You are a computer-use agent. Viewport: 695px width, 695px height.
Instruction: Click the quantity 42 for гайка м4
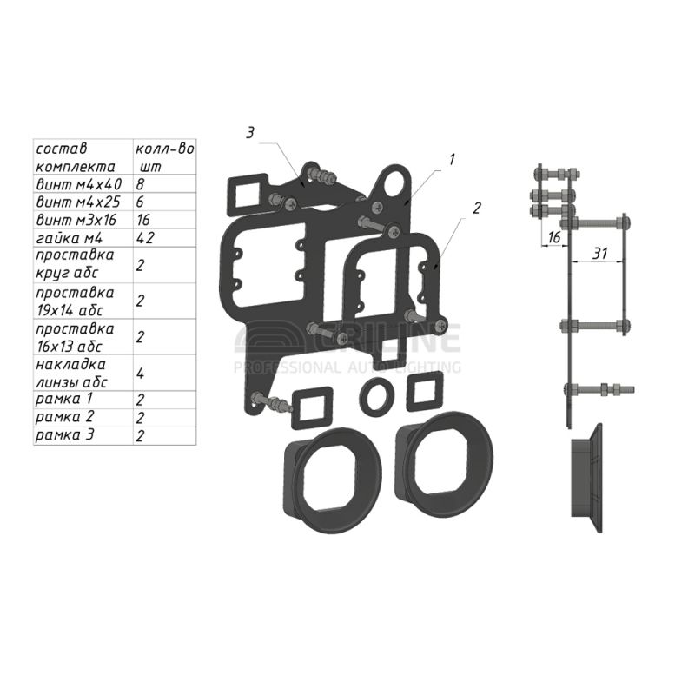pyautogui.click(x=145, y=238)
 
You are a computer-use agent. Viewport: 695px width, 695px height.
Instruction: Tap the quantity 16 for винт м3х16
pyautogui.click(x=143, y=220)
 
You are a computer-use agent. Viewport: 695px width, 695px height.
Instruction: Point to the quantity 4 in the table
pyautogui.click(x=140, y=374)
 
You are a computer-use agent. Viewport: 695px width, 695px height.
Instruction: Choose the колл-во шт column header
pyautogui.click(x=164, y=157)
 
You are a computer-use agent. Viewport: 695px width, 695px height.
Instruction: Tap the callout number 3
pyautogui.click(x=250, y=132)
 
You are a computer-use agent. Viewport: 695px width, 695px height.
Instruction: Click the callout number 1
pyautogui.click(x=452, y=160)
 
